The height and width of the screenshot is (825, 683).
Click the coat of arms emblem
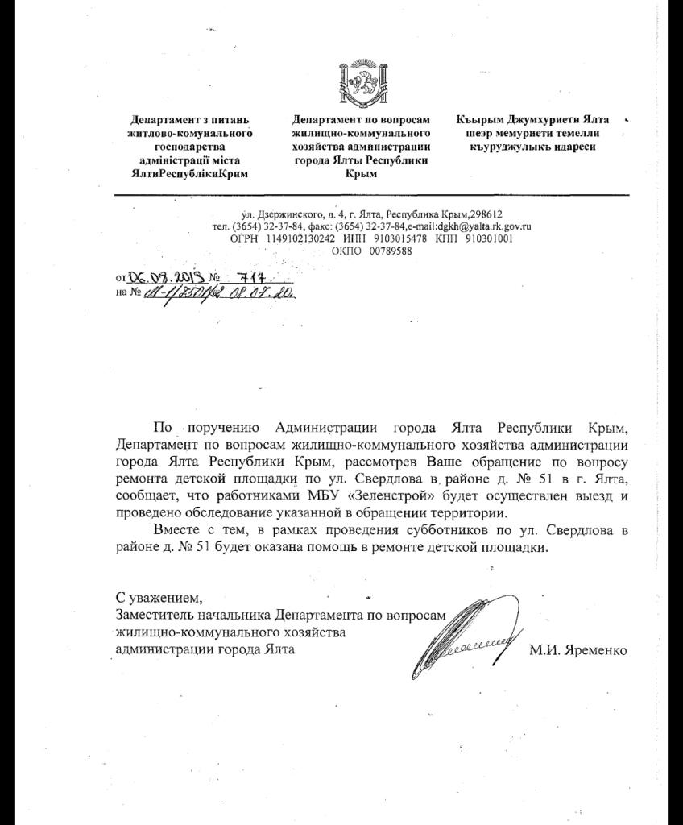[361, 81]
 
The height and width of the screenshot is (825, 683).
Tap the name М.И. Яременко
[577, 650]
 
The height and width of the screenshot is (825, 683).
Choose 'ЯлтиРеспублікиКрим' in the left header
[190, 173]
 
